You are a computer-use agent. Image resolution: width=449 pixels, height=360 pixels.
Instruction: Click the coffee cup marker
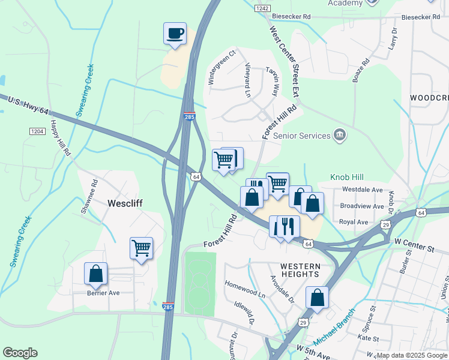[x=175, y=34]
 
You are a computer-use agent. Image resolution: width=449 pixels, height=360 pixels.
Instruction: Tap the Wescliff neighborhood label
[x=125, y=203]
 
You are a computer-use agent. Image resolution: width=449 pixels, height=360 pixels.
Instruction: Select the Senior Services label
[x=302, y=136]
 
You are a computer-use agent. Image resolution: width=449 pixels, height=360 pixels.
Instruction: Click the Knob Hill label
[x=348, y=178]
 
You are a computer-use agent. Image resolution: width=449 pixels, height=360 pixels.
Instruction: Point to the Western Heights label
[x=300, y=269]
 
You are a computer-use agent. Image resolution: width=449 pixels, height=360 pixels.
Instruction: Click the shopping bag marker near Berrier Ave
[x=95, y=274]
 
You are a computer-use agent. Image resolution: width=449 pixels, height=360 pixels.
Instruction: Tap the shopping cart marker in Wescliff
[x=141, y=248]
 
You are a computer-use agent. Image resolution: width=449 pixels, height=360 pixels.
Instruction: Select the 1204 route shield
[x=37, y=131]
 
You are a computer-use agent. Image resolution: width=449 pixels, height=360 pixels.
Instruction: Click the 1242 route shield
[x=262, y=8]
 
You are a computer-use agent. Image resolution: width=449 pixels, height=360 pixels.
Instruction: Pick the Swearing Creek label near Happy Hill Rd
[x=84, y=90]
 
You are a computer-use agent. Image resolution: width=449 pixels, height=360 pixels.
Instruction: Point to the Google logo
[x=20, y=353]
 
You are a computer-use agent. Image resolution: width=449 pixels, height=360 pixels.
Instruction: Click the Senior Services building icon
[x=340, y=134]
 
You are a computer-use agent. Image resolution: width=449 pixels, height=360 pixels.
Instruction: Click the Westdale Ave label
[x=362, y=190]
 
